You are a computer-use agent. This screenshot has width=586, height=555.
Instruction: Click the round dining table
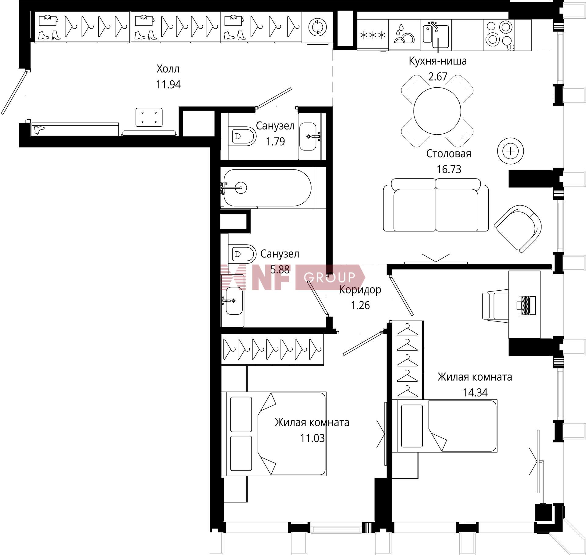[437, 110]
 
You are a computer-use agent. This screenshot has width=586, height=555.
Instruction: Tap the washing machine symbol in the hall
[317, 27]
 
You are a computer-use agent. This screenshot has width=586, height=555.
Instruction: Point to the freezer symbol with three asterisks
[373, 35]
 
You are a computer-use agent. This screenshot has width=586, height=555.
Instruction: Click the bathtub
[267, 188]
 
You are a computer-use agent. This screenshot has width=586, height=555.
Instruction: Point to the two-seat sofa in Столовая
[436, 205]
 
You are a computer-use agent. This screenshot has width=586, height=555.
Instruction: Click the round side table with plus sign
[510, 151]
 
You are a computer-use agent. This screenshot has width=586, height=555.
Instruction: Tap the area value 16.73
[449, 169]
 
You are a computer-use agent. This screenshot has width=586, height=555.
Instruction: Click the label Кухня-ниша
[438, 61]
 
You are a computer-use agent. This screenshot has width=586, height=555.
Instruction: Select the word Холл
[168, 69]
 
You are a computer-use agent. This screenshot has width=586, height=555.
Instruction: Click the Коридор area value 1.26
[360, 305]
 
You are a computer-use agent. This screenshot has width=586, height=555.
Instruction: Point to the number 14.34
[475, 392]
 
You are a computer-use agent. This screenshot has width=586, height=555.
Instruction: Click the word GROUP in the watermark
[330, 277]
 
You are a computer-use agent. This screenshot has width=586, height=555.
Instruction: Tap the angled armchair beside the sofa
[518, 228]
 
